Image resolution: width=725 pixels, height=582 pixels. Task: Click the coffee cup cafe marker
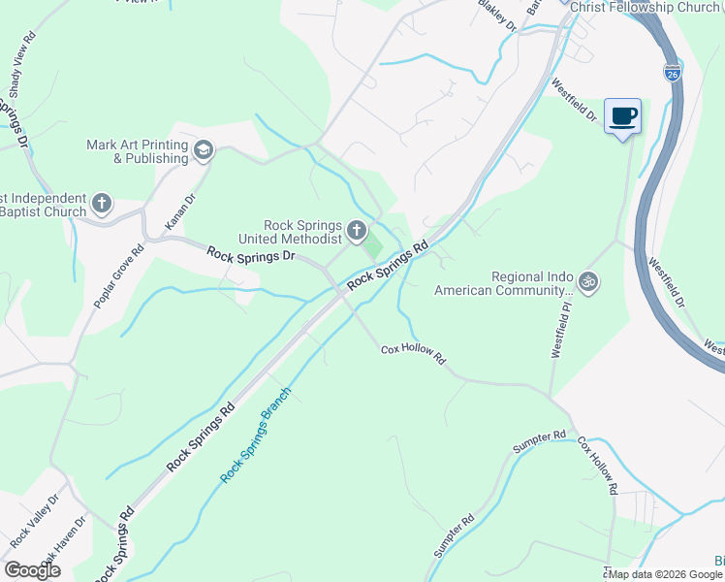click(622, 116)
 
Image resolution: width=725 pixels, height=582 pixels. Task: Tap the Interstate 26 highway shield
click(673, 72)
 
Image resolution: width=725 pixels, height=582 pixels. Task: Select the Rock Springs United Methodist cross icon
click(357, 231)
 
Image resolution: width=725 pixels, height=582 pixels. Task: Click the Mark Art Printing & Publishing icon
click(204, 149)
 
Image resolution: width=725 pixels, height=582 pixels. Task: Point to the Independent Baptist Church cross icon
click(103, 205)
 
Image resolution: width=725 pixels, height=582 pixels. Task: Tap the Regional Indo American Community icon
click(587, 282)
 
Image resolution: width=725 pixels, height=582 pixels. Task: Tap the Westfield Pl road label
click(559, 330)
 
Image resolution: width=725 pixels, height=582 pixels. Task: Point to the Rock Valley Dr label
click(35, 519)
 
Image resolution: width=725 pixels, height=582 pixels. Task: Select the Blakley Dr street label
click(499, 16)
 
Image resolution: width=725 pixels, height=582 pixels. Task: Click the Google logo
click(32, 570)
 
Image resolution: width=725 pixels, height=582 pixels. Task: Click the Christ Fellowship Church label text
click(646, 7)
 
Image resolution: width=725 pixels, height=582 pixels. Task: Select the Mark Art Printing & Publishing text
click(137, 151)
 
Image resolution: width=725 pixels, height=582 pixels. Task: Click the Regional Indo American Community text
click(499, 283)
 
